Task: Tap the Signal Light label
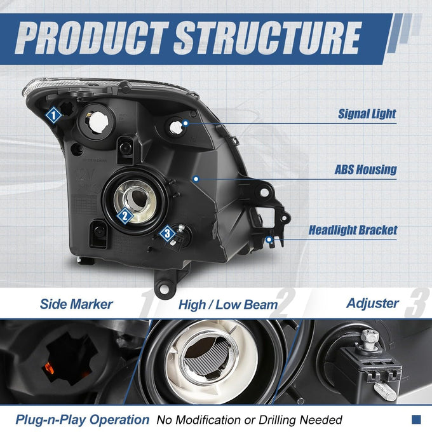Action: tap(367, 114)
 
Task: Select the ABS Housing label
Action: tap(365, 170)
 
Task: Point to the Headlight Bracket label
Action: tap(353, 230)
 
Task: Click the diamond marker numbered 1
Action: tap(53, 115)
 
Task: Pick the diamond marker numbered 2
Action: tap(125, 216)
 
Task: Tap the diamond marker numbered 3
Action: tap(167, 234)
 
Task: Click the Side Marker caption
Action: tap(76, 304)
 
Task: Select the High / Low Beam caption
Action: tap(228, 305)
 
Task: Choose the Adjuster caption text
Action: tap(372, 304)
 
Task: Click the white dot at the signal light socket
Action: tap(186, 123)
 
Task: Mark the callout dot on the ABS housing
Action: tap(196, 179)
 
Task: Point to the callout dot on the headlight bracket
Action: tap(269, 240)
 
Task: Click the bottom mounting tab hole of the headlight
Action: tap(164, 289)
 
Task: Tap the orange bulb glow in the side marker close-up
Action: tap(49, 368)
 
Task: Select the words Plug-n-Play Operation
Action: tap(82, 419)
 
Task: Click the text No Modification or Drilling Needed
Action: tap(249, 420)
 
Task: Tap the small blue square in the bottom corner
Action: tap(416, 419)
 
